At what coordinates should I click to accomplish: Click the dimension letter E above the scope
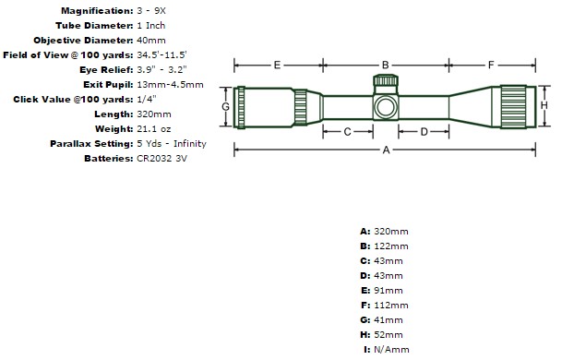[x=277, y=65]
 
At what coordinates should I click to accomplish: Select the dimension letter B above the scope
[x=386, y=65]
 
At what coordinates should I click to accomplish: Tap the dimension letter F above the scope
[x=491, y=65]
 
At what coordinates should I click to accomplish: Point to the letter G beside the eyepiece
[x=225, y=106]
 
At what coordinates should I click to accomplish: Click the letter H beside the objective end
[x=544, y=105]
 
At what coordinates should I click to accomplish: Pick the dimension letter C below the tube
[x=347, y=132]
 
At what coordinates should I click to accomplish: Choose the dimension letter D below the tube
[x=424, y=132]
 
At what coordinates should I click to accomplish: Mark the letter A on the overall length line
[x=386, y=150]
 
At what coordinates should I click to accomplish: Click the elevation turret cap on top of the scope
[x=386, y=80]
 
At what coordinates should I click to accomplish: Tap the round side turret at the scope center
[x=386, y=107]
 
